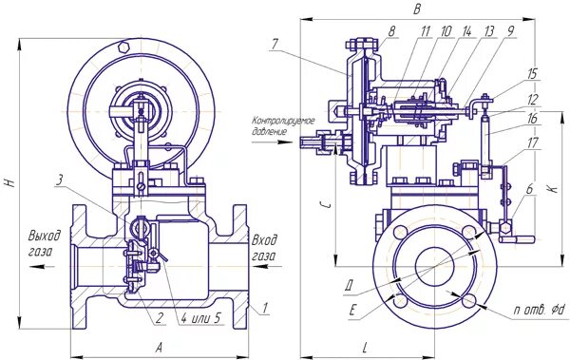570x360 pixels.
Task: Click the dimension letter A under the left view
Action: (x=159, y=348)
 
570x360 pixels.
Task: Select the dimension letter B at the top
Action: (x=417, y=9)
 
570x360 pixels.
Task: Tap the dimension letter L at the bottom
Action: (x=365, y=349)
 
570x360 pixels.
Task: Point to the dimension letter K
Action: (x=553, y=188)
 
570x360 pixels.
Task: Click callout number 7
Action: (x=275, y=45)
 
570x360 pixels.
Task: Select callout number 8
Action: (x=391, y=31)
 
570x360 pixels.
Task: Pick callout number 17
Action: (x=532, y=142)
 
